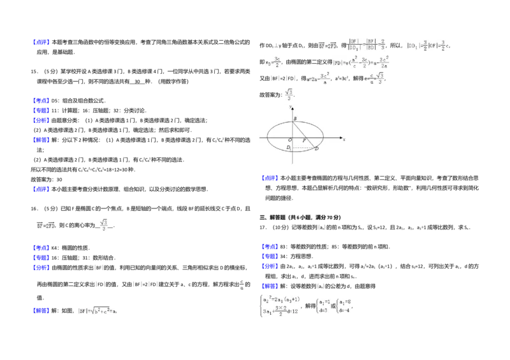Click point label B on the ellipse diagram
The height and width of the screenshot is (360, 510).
click(295, 119)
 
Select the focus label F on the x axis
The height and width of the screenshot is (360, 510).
click(303, 140)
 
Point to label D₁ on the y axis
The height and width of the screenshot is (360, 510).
click(289, 148)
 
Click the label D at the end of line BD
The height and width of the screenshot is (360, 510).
click(317, 148)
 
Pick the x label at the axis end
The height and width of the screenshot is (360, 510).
click(344, 138)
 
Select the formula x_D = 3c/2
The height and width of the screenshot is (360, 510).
click(273, 61)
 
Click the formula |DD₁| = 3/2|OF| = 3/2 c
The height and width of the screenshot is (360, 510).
click(429, 46)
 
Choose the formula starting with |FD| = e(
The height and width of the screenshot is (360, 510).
click(361, 61)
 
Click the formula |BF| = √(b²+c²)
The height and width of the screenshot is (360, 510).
click(97, 310)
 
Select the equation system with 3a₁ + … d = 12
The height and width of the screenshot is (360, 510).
click(280, 306)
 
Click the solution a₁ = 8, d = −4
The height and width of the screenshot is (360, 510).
click(345, 306)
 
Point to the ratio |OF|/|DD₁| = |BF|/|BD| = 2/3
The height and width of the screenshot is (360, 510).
click(365, 45)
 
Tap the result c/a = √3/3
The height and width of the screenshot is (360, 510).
click(377, 78)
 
